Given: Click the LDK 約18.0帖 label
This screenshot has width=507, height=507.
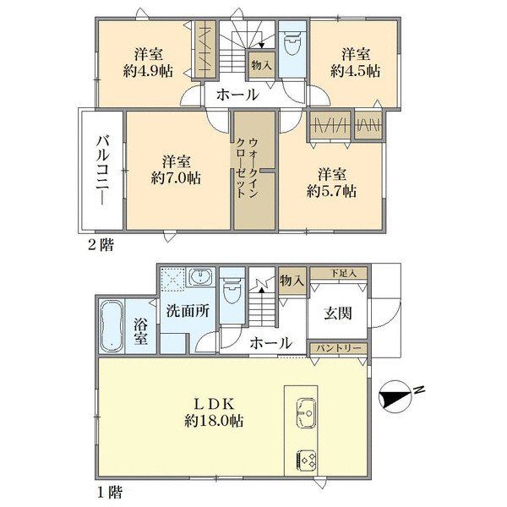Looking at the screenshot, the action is (214, 412).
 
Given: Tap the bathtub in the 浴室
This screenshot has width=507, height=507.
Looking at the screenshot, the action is (112, 326).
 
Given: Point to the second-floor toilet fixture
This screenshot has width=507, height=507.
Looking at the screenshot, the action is (292, 42).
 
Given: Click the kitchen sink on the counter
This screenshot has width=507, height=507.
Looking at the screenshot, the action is (306, 412).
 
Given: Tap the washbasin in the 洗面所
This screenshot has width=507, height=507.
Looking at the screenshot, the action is (200, 277).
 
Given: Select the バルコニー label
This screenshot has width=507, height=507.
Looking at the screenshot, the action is (103, 171).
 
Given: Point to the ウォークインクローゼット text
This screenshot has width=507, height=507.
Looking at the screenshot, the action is (247, 168).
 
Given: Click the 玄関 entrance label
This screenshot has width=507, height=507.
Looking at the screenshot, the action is (338, 313).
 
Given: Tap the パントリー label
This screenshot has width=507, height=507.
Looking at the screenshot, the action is (338, 348).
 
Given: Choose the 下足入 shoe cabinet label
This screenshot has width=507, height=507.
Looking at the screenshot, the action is (343, 274).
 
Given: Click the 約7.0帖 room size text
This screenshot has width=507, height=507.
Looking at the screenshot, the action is (176, 177).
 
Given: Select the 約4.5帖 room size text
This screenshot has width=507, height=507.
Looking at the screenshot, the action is (355, 70).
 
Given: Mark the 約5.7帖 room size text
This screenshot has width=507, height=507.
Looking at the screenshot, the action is (332, 191).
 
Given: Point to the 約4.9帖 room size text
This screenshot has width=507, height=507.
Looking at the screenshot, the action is (148, 70).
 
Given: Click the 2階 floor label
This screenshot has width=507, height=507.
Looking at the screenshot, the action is (101, 245).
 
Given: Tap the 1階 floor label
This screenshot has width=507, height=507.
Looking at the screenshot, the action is (110, 493).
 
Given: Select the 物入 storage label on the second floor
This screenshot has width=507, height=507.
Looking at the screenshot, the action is (262, 66).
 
